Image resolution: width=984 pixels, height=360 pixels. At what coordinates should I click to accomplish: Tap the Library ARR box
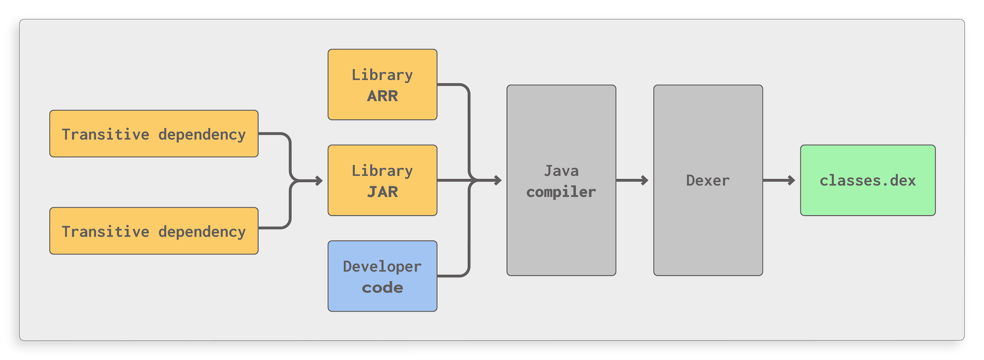(382, 84)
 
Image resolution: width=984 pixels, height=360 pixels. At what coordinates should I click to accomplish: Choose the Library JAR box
(382, 180)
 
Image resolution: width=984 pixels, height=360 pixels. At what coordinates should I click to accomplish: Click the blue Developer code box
(382, 276)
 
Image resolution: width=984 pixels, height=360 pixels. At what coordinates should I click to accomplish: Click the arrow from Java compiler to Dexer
(632, 180)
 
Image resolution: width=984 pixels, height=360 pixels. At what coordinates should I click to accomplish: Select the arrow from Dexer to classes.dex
(779, 180)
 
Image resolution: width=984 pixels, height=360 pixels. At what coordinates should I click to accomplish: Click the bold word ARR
(382, 96)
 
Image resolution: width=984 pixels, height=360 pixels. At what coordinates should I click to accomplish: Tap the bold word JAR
(382, 192)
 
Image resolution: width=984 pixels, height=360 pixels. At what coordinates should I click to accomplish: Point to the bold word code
(382, 288)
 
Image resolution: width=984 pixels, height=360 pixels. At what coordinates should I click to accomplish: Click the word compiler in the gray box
(561, 192)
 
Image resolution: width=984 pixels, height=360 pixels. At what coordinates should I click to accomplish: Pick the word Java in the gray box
(561, 171)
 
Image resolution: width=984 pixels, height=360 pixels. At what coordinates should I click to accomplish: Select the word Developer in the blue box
(382, 267)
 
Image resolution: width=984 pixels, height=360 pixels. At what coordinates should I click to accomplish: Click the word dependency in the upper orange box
(202, 135)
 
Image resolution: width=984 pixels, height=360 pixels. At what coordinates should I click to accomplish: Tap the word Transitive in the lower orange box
(105, 232)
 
